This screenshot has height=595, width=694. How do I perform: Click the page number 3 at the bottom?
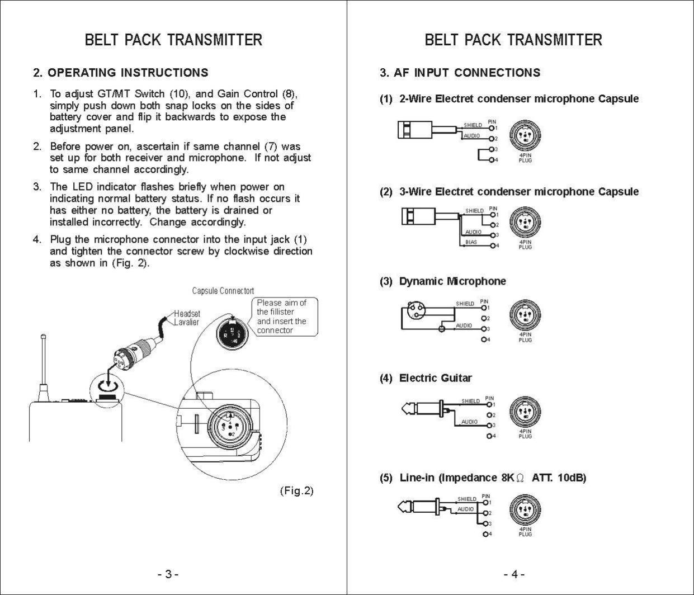pyautogui.click(x=168, y=574)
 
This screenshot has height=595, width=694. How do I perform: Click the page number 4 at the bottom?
pyautogui.click(x=514, y=574)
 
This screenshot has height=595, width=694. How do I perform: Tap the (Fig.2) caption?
pyautogui.click(x=296, y=491)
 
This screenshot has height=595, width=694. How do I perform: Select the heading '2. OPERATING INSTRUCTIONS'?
pyautogui.click(x=121, y=73)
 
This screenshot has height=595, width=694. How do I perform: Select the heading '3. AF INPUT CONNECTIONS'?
pyautogui.click(x=460, y=73)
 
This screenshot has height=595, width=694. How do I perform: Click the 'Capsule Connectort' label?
pyautogui.click(x=223, y=291)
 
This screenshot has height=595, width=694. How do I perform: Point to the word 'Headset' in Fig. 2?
pyautogui.click(x=187, y=314)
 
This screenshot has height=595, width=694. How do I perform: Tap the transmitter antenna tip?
pyautogui.click(x=43, y=337)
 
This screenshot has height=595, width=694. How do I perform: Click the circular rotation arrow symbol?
pyautogui.click(x=107, y=385)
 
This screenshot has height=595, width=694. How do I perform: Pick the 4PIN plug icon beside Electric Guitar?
pyautogui.click(x=525, y=413)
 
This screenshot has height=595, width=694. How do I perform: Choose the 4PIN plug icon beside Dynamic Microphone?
pyautogui.click(x=525, y=315)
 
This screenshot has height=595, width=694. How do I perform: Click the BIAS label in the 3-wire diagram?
pyautogui.click(x=471, y=243)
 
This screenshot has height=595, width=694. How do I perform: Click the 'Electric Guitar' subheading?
pyautogui.click(x=435, y=379)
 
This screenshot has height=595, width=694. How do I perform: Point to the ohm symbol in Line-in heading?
pyautogui.click(x=520, y=478)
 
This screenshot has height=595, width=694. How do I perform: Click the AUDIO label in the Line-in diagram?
pyautogui.click(x=465, y=509)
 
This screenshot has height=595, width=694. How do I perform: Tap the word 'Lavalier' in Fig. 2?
pyautogui.click(x=187, y=323)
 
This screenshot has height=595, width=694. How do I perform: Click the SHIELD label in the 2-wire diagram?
pyautogui.click(x=473, y=125)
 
